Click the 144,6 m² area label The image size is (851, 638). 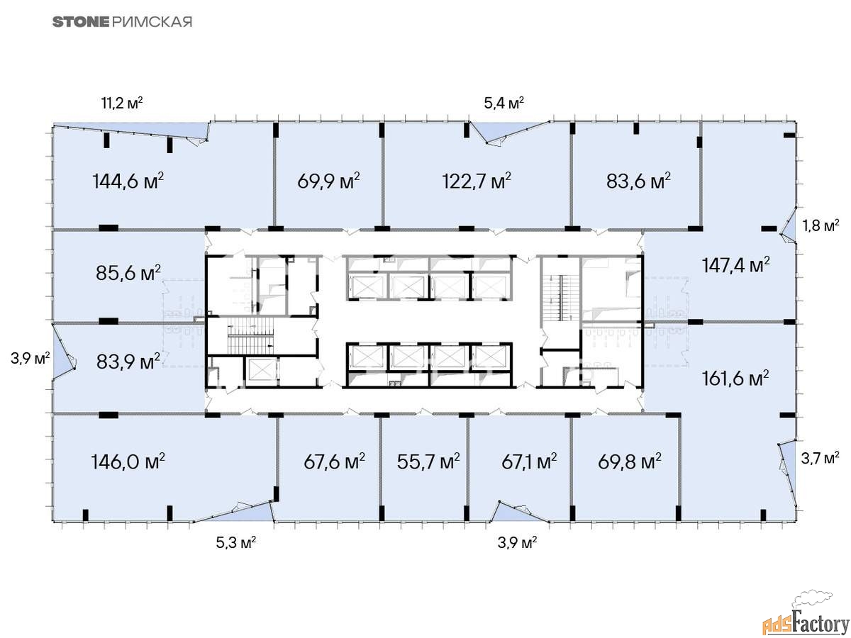(x=128, y=181)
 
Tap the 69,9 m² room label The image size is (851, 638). (x=328, y=181)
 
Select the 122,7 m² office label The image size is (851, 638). (x=477, y=181)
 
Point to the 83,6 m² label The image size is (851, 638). (x=638, y=181)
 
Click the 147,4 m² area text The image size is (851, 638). (x=736, y=265)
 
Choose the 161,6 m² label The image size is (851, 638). (x=735, y=379)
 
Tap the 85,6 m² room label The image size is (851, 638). (x=128, y=273)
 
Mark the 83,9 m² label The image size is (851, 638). (x=128, y=362)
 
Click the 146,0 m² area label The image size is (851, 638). (x=128, y=461)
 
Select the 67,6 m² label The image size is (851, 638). (x=334, y=461)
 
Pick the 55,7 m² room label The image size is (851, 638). (x=428, y=461)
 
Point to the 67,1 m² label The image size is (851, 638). (x=529, y=461)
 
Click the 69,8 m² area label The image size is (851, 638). (x=630, y=461)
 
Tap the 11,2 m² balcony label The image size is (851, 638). (x=122, y=103)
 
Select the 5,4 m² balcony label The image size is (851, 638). (x=504, y=103)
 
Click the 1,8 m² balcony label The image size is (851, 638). (x=821, y=225)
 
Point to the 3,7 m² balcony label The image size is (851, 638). (x=820, y=459)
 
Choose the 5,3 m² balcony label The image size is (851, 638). (x=235, y=543)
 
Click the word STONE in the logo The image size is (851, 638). (x=81, y=22)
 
